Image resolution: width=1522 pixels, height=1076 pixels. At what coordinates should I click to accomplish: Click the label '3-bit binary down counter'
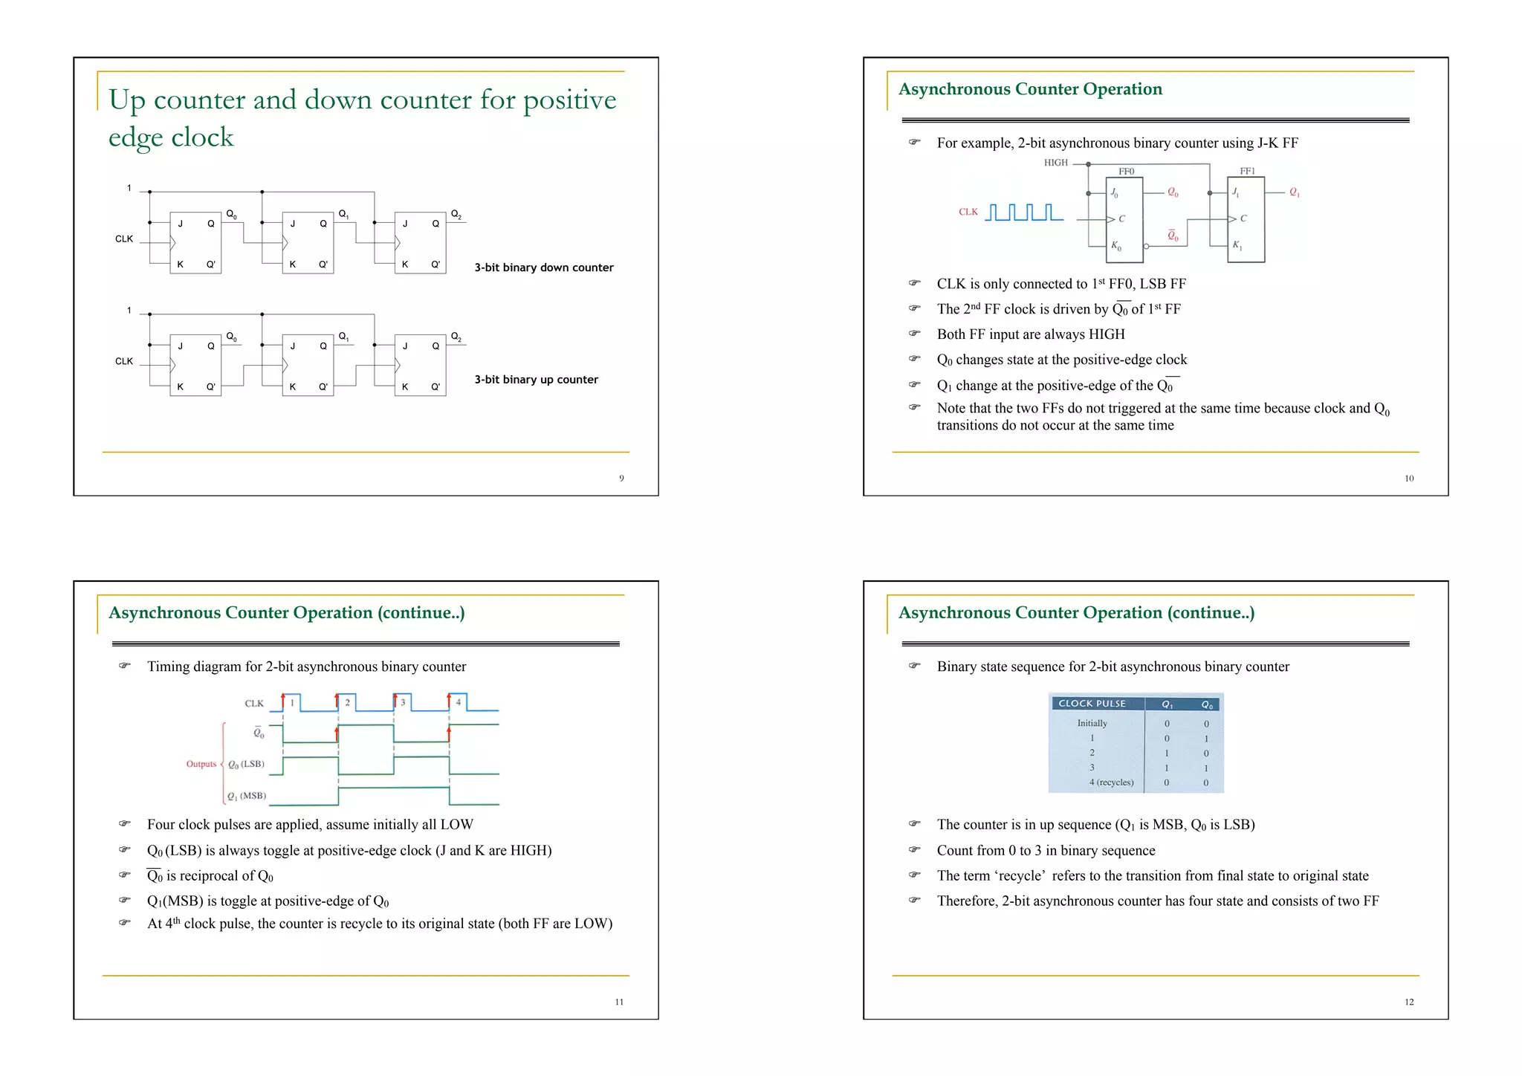click(544, 268)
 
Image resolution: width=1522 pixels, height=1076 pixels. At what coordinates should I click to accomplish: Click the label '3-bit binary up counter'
click(536, 380)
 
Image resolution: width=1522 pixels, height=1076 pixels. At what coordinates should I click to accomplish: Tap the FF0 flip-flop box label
click(1127, 172)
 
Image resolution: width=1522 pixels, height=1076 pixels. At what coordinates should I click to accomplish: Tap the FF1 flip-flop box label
click(1247, 172)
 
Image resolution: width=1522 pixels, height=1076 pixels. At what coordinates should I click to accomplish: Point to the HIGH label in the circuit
click(1055, 163)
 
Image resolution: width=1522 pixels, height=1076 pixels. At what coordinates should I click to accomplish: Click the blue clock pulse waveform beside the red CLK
click(1023, 213)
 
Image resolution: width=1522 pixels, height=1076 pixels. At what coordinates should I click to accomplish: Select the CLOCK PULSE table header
click(1092, 704)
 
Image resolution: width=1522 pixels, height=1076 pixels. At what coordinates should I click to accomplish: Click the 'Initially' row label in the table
click(1092, 723)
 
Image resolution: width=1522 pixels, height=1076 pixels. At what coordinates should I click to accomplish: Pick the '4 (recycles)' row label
click(1111, 782)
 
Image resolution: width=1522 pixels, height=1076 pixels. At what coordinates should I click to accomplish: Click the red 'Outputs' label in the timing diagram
click(201, 764)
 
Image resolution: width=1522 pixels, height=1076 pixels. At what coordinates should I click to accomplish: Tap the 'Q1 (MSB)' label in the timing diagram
click(246, 796)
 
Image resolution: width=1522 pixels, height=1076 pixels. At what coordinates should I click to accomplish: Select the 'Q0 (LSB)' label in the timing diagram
click(245, 764)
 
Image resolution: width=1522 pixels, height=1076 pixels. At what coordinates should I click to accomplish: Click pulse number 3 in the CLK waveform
click(403, 702)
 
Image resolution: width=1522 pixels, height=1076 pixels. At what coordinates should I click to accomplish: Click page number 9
click(621, 479)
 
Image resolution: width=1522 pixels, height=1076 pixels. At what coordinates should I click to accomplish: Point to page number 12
click(1408, 1002)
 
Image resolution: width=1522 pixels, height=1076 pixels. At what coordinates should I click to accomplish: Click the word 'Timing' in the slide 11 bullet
click(168, 667)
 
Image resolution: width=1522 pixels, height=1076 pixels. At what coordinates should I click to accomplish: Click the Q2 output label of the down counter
click(456, 214)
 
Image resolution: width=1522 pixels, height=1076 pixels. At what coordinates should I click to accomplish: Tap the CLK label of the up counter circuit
click(124, 362)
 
